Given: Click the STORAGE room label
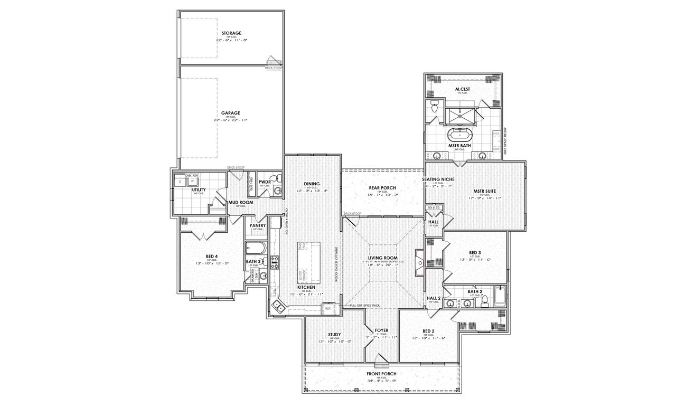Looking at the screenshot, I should pyautogui.click(x=231, y=33).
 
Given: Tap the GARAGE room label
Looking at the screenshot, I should pyautogui.click(x=231, y=112).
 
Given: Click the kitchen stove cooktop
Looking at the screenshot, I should pyautogui.click(x=275, y=261).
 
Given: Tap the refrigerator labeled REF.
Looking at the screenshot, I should pyautogui.click(x=328, y=308).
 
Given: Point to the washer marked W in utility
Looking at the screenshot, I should pyautogui.click(x=192, y=181).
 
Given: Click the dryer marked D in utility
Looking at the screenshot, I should pyautogui.click(x=181, y=181).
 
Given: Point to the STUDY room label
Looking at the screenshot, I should pyautogui.click(x=334, y=335).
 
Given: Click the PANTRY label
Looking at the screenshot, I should pyautogui.click(x=257, y=225).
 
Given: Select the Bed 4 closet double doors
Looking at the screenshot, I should pyautogui.click(x=203, y=233).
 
